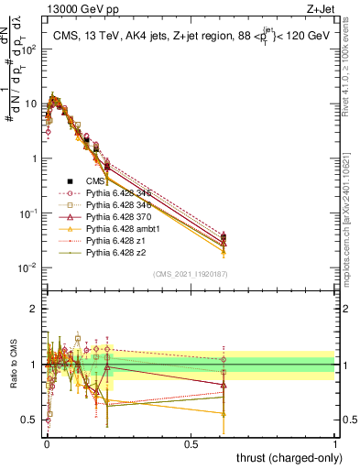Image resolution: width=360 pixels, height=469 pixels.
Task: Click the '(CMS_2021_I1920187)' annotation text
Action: coord(191,274)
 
